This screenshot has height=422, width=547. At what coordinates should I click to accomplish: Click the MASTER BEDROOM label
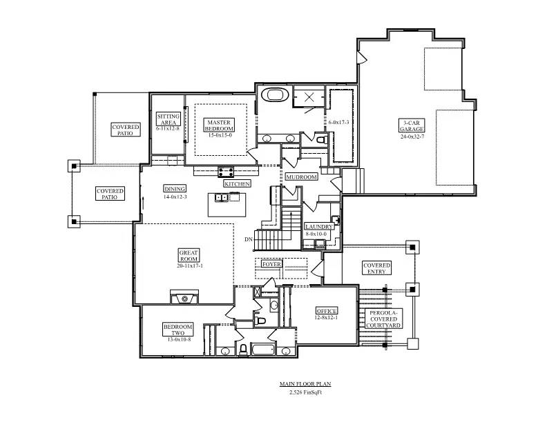(220, 125)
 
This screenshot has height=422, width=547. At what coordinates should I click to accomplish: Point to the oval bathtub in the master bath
(271, 95)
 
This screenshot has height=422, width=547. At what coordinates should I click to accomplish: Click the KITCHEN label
(237, 184)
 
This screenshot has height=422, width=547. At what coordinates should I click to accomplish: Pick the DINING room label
(175, 188)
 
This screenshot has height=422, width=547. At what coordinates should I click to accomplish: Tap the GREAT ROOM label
(189, 255)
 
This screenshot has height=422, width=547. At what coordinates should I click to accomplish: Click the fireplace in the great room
(184, 297)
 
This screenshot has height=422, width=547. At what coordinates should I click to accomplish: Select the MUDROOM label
(302, 177)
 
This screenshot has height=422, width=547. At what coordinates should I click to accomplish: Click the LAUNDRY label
(320, 226)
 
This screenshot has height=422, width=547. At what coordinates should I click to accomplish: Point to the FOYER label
(271, 264)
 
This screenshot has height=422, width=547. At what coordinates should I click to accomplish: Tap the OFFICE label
(327, 311)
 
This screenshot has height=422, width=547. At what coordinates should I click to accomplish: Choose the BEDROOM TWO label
(178, 330)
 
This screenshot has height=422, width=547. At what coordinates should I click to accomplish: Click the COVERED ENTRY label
(376, 269)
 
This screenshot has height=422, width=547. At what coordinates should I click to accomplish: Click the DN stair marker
(248, 239)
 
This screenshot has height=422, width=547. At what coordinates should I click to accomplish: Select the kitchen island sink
(222, 198)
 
